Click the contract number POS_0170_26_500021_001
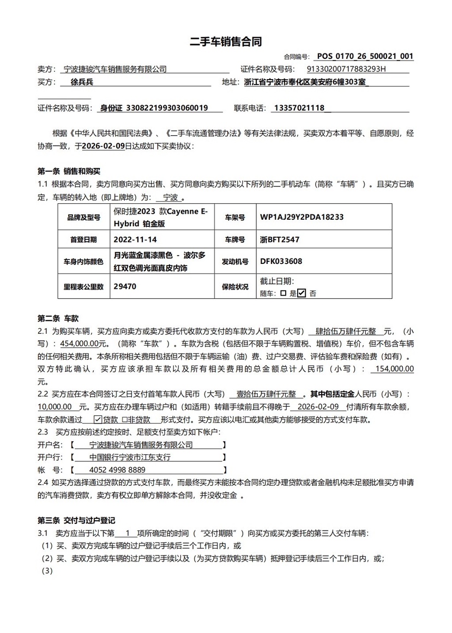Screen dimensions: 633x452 click(x=365, y=56)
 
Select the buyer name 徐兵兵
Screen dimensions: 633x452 click(x=82, y=82)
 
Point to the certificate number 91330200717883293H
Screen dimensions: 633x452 click(x=346, y=69)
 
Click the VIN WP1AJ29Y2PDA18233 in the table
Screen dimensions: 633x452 click(x=302, y=217)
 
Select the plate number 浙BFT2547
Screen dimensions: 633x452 click(x=280, y=239)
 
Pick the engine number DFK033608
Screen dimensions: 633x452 click(x=281, y=262)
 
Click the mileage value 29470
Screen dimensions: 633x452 click(x=125, y=286)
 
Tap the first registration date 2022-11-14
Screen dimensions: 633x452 click(x=135, y=239)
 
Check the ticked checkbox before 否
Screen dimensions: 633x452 click(x=302, y=293)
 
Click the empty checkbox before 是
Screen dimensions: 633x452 click(x=283, y=293)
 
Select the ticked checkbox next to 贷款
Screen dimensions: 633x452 click(x=98, y=420)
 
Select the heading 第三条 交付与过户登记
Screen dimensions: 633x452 click(x=76, y=520)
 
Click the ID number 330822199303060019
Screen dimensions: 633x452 click(x=166, y=108)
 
